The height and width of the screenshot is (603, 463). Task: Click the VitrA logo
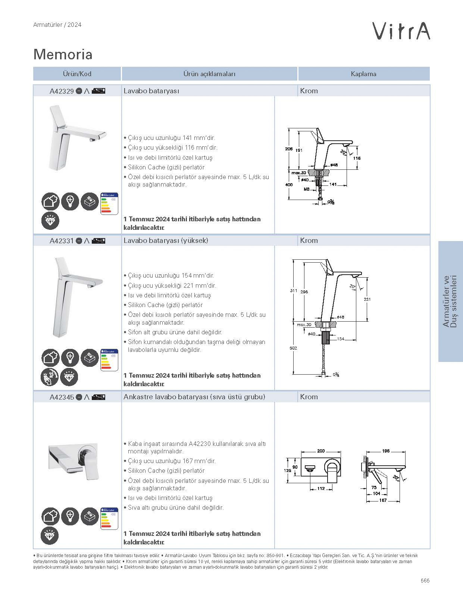402,31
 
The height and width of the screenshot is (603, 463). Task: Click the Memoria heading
63,54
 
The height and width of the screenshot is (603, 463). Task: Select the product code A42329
62,91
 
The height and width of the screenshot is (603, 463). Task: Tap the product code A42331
62,241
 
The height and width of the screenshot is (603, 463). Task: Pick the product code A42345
62,397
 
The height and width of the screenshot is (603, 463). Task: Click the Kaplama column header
363,74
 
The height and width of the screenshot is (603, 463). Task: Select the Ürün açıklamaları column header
209,74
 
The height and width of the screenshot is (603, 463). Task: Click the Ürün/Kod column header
77,74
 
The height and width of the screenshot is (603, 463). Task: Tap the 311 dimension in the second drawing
294,291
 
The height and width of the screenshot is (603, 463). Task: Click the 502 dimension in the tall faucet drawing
293,348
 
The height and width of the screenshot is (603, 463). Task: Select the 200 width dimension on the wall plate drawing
321,451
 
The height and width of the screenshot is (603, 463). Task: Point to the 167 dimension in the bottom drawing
383,500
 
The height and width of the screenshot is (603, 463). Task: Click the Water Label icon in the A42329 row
109,203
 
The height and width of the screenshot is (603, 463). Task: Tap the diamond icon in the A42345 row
50,535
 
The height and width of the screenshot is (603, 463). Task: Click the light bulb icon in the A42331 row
70,357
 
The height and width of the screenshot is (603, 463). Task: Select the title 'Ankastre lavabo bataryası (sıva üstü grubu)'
194,397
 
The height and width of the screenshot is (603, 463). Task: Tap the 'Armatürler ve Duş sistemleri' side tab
450,301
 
